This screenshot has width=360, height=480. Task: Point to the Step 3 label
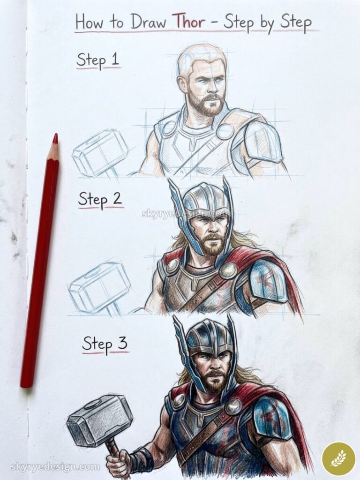105,344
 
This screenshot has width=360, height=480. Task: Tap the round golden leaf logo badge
338,458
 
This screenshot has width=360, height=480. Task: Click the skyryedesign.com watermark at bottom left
55,467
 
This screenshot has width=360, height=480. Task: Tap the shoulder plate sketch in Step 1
262,143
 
